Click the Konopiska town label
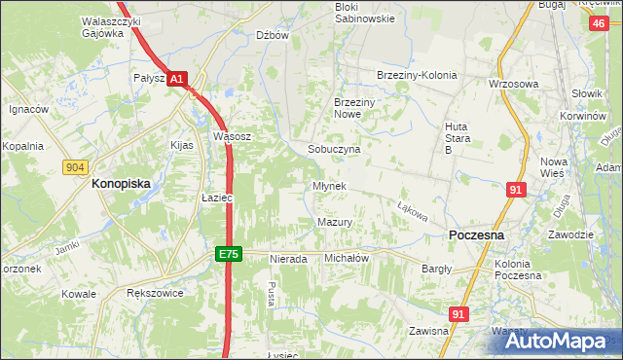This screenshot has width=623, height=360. [x=126, y=182]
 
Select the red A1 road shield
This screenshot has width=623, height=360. [x=175, y=80]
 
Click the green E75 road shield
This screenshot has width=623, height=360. [x=228, y=254]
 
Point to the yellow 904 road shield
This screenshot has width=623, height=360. [x=75, y=167]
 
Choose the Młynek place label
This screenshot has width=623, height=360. [x=328, y=186]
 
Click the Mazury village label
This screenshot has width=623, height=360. [x=334, y=222]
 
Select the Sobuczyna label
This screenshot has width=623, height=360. [x=334, y=150]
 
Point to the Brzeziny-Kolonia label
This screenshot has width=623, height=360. [x=416, y=75]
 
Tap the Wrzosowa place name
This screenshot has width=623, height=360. [x=513, y=84]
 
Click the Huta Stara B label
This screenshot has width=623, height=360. [x=458, y=137]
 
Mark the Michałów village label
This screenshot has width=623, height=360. [x=346, y=258]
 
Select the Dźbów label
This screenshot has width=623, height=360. [x=273, y=35]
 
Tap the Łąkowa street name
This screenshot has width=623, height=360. [x=413, y=208]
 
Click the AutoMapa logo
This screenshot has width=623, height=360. [x=559, y=341]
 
